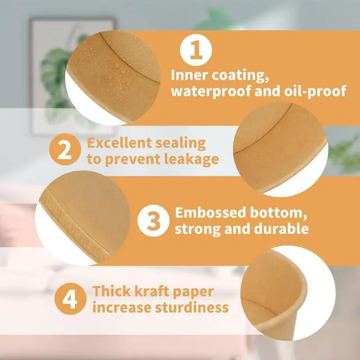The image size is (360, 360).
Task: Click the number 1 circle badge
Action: click(x=196, y=50)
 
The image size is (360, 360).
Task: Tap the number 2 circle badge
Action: click(x=65, y=150)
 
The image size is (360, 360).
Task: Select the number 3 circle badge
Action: click(x=154, y=220)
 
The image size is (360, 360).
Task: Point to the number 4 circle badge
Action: click(x=70, y=299)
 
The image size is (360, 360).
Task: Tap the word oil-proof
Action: click(x=315, y=91)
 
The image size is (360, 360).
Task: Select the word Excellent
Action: click(x=119, y=143)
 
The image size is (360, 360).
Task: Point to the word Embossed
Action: click(x=210, y=213)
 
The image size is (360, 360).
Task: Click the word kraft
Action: click(x=151, y=291)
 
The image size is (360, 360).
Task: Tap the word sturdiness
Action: click(x=192, y=308)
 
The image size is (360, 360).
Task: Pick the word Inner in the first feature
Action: click(x=189, y=75)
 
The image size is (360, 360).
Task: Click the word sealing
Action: click(x=181, y=143)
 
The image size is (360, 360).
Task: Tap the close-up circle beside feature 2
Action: click(x=281, y=149)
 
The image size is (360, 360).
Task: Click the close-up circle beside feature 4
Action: click(x=288, y=293)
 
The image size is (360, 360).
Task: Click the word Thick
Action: click(x=111, y=291)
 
